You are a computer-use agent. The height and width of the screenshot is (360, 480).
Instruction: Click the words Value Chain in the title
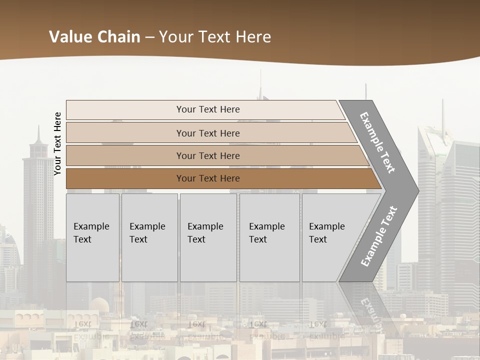click(x=94, y=36)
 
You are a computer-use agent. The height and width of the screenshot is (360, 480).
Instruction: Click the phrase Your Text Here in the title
click(x=215, y=36)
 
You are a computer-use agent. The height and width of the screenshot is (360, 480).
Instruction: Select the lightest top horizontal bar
click(x=125, y=109)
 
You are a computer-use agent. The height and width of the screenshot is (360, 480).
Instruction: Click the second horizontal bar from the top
click(x=125, y=133)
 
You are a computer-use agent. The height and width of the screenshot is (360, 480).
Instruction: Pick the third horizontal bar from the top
click(x=125, y=155)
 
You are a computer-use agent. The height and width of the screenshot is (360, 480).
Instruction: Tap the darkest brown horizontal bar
click(x=125, y=178)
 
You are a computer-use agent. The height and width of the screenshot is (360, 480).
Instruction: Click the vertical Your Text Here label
click(x=58, y=143)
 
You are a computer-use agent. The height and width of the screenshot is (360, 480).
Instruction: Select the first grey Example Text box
click(x=92, y=237)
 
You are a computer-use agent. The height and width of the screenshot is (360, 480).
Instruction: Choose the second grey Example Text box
click(x=149, y=237)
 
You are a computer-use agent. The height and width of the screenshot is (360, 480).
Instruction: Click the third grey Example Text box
click(x=208, y=237)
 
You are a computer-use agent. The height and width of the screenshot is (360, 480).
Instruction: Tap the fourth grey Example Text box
click(x=269, y=237)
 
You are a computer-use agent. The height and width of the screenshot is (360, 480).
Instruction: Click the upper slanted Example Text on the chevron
click(x=377, y=142)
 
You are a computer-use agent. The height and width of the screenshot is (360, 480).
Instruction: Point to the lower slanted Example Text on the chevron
click(x=379, y=236)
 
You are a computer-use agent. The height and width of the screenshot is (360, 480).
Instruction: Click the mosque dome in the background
click(x=98, y=304)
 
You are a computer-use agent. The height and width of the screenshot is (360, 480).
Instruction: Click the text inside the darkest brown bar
click(x=208, y=178)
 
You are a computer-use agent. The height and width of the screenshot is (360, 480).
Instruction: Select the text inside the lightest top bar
click(x=208, y=109)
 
